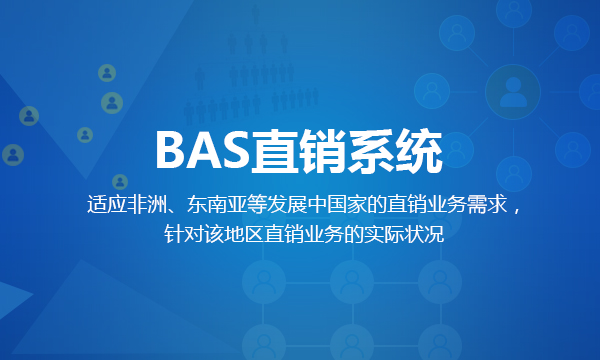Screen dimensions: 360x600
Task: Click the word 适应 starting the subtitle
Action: (107, 206)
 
